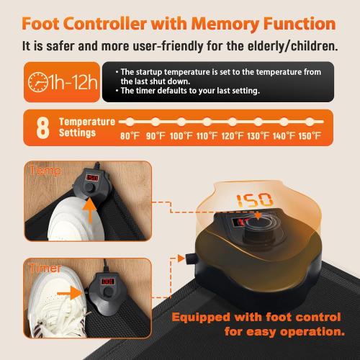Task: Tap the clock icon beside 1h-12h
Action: pyautogui.click(x=35, y=81)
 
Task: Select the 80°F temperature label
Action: pyautogui.click(x=129, y=135)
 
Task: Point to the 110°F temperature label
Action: pyautogui.click(x=208, y=135)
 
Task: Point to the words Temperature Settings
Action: pyautogui.click(x=86, y=127)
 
